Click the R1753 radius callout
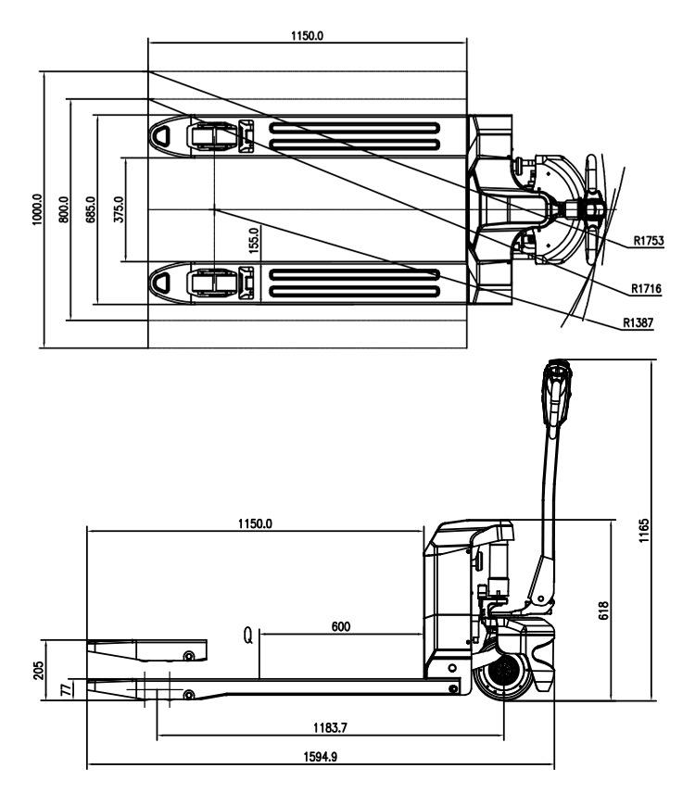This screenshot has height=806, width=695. coord(649,241)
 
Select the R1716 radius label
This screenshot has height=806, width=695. coord(646,289)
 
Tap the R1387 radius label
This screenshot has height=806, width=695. coord(638,322)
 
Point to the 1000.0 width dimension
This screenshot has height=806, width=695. coord(36,209)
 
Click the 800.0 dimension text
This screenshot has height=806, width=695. coord(64,209)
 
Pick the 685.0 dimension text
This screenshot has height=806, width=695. coord(91,209)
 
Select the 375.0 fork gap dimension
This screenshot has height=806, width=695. coord(119,209)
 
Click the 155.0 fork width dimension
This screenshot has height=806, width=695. coord(254,241)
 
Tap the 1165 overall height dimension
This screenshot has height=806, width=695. coord(644,531)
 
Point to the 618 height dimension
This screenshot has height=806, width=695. coord(603,611)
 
